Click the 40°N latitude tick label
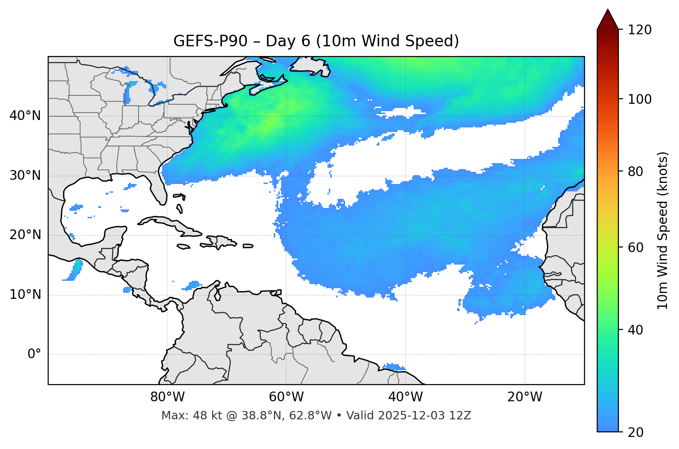[x=25, y=116]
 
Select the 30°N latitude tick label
[x=25, y=176]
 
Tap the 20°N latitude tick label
[x=25, y=235]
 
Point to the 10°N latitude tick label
[x=25, y=295]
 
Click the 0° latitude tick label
[x=34, y=354]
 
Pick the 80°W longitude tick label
[x=167, y=397]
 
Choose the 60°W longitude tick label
[x=286, y=397]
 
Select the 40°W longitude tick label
[x=405, y=397]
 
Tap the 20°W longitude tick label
[x=524, y=397]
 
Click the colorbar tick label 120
[x=640, y=30]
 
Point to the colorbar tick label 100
[x=640, y=99]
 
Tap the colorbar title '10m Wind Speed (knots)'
[x=663, y=231]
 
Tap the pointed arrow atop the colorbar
[x=608, y=19]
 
